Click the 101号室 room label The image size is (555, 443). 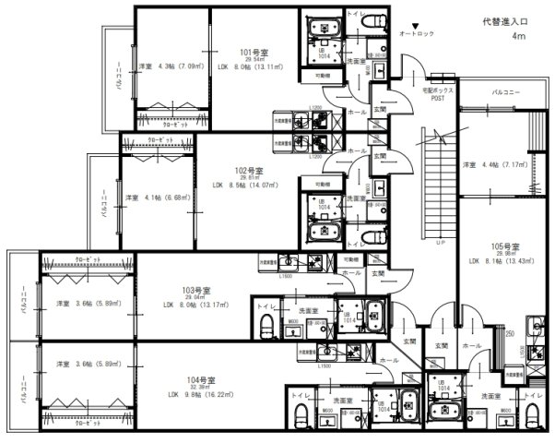point(252,54)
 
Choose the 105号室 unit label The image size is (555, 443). point(504,246)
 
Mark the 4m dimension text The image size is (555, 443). point(518,38)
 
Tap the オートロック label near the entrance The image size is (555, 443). point(416,35)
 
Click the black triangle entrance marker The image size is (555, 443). point(416,25)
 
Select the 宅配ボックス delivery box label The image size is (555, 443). point(437,91)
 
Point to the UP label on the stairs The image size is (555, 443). point(440,243)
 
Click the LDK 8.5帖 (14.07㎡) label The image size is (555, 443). point(245,185)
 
